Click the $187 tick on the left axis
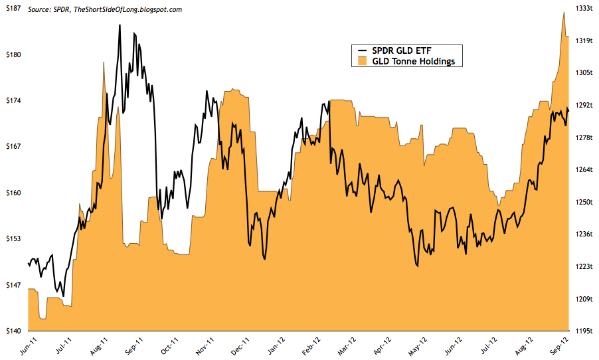pos(13,9)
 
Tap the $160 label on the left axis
pos(13,193)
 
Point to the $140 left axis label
pos(13,331)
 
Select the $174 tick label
pos(13,101)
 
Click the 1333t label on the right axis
pos(584,9)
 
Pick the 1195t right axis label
pos(584,331)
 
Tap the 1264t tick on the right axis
pos(584,169)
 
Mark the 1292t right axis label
pos(584,105)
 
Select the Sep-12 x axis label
pos(559,346)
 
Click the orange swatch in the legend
pos(361,61)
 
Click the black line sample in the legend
pos(361,50)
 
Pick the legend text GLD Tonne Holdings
pos(415,61)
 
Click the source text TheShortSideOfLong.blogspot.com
pos(126,9)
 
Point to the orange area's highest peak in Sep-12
pos(564,12)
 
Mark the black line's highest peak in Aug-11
pos(120,25)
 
